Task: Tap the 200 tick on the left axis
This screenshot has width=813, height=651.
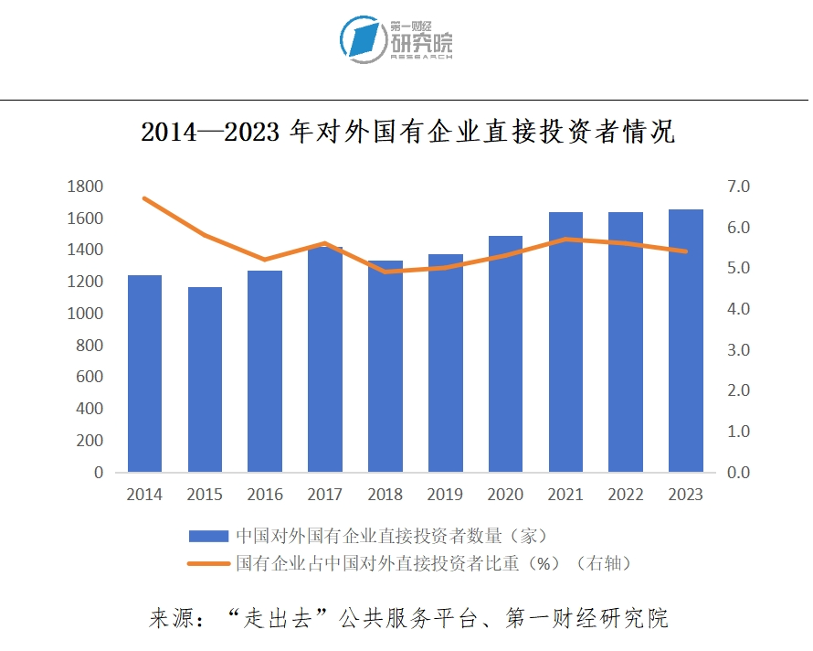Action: (90, 441)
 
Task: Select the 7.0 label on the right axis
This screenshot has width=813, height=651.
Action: (738, 187)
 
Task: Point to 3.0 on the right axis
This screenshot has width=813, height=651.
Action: (738, 350)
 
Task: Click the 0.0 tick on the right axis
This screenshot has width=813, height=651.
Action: (738, 473)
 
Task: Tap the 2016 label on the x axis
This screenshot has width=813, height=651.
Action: (265, 495)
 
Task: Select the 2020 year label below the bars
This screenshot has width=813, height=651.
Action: (505, 495)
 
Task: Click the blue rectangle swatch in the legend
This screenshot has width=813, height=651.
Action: (208, 536)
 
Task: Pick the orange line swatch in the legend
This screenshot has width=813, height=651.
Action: (208, 563)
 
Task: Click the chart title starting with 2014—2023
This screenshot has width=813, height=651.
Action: (407, 133)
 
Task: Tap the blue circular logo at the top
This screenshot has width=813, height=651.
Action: (363, 39)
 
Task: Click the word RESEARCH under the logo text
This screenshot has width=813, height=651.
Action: (421, 57)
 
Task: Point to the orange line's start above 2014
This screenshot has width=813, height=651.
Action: (145, 198)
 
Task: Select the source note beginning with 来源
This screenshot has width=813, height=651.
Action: (407, 617)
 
